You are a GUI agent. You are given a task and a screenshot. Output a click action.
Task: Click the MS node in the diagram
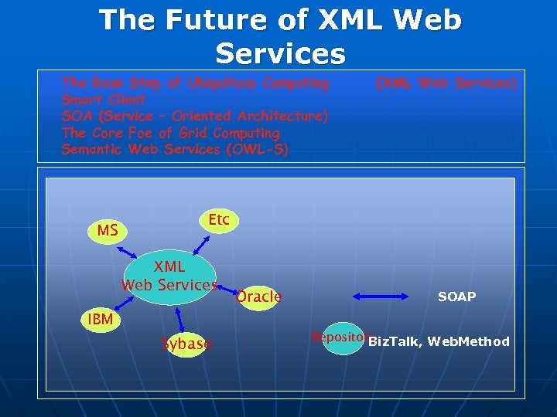coord(108,231)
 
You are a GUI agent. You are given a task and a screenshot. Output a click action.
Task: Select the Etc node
coord(219,221)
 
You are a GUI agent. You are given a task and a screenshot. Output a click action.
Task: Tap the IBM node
coord(100,319)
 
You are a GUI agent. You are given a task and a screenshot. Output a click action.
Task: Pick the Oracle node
coord(258,297)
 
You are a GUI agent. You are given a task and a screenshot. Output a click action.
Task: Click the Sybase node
coord(185,344)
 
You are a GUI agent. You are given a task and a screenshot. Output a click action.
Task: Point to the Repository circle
coord(342,338)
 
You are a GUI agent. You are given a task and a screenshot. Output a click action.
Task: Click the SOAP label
coord(456,297)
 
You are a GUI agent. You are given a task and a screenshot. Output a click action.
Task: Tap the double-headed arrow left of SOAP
coord(382,296)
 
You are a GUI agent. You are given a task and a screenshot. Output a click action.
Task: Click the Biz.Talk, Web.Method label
coord(439,341)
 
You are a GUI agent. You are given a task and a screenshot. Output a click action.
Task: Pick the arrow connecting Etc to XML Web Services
coord(200,243)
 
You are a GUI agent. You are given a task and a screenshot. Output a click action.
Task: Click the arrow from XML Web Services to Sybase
coord(179,317)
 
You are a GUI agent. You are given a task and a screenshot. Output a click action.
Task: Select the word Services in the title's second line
coord(280,54)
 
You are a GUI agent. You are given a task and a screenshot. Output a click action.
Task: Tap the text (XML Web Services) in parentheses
coord(446,83)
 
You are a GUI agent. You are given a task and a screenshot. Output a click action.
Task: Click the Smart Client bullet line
coord(104,100)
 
